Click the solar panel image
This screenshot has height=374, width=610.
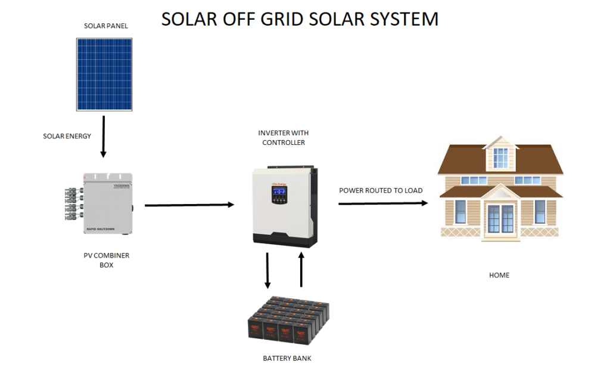coord(105,75)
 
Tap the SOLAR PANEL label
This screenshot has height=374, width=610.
coord(105,26)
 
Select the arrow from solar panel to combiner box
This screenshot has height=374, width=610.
coord(104,137)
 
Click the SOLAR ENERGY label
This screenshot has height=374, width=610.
coord(67,136)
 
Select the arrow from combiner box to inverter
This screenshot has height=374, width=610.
coord(189,205)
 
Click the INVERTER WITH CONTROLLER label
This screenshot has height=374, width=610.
coord(284,138)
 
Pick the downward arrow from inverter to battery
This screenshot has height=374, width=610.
coord(267,270)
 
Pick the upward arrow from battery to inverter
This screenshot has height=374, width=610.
coord(301,270)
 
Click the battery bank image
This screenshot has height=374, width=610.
coord(288,322)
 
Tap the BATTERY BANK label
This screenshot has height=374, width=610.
coord(287,358)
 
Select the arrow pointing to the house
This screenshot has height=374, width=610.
coord(384,203)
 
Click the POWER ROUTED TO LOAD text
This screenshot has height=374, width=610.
coord(381,191)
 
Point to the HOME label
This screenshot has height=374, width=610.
coord(499,275)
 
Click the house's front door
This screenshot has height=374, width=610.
coord(500,218)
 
